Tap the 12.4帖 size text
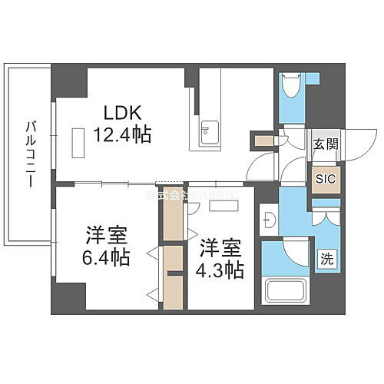tap(122, 135)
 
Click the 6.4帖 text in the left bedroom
tap(106, 255)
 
